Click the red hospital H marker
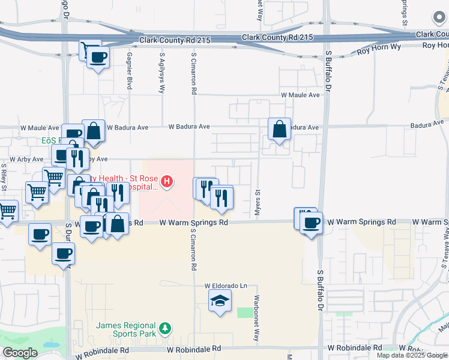pyautogui.click(x=168, y=180)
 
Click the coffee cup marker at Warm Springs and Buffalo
pyautogui.click(x=311, y=223)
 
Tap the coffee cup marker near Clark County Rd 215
pyautogui.click(x=98, y=58)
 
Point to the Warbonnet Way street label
pyautogui.click(x=256, y=327)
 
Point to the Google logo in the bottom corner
pyautogui.click(x=19, y=353)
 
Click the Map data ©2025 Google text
pyautogui.click(x=412, y=355)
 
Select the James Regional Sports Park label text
pyautogui.click(x=125, y=329)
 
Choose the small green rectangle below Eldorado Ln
pyautogui.click(x=245, y=313)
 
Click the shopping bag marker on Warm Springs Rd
pyautogui.click(x=118, y=224)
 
